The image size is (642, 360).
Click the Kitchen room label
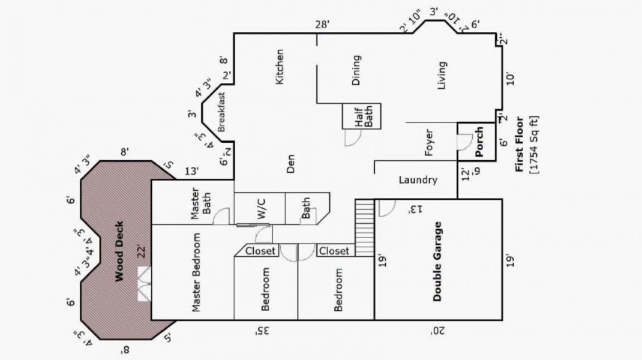click(279, 67)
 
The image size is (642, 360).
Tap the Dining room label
click(356, 70)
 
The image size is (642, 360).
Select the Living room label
click(442, 76)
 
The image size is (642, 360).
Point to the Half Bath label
click(363, 116)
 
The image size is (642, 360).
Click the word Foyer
click(428, 143)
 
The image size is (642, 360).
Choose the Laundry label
click(418, 180)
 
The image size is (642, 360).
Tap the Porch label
click(479, 142)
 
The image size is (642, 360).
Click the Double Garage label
click(437, 261)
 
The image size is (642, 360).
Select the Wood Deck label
click(119, 251)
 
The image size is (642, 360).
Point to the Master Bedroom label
click(196, 272)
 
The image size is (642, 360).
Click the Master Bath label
click(200, 203)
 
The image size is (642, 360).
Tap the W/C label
click(262, 208)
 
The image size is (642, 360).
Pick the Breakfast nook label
click(221, 112)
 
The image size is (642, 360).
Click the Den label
click(290, 163)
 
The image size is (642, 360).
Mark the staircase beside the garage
click(364, 228)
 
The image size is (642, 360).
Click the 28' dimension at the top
click(322, 24)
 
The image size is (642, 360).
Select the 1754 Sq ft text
click(534, 145)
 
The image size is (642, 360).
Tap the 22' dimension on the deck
click(141, 251)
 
